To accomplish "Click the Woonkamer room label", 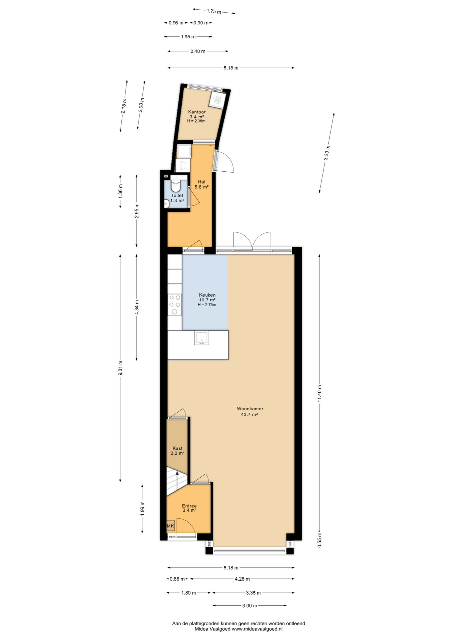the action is point(250,409).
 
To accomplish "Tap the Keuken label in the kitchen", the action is point(207,295).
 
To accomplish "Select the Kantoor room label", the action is point(197,112).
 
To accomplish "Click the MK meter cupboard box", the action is point(170,526).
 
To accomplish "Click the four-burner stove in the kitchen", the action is point(174,305).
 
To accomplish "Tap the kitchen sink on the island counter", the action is point(201,338).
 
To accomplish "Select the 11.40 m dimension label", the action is point(319,393).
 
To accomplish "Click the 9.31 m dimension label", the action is point(120,368).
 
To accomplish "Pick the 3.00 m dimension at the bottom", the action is point(250,606).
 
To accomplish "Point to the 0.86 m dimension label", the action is point(177,579).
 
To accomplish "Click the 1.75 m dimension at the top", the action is point(214,11).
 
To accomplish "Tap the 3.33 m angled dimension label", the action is point(327,153).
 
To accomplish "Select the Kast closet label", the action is point(177,448).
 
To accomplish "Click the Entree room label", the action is point(189,506).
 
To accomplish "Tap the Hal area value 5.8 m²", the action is point(201,187).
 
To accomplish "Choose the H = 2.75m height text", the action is point(207,305).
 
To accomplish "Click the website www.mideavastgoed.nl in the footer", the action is point(257,629).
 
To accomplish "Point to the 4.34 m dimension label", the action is point(136,307).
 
